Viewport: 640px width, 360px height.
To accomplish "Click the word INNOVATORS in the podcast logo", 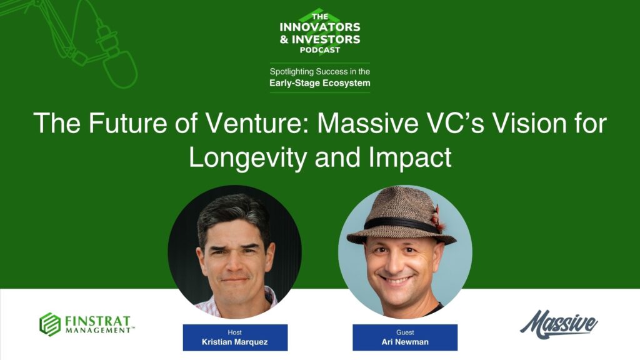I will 320,27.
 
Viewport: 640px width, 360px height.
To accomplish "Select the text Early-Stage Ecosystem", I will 319,82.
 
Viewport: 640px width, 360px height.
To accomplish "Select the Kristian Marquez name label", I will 235,342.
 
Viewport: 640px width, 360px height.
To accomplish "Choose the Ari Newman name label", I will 405,342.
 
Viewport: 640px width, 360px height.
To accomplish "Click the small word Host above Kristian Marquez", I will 235,332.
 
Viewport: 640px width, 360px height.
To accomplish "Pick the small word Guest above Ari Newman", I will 405,332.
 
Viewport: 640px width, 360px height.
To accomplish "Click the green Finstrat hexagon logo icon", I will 50,324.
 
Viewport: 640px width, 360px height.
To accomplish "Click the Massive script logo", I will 558,324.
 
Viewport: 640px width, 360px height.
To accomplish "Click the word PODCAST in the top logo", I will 319,50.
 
